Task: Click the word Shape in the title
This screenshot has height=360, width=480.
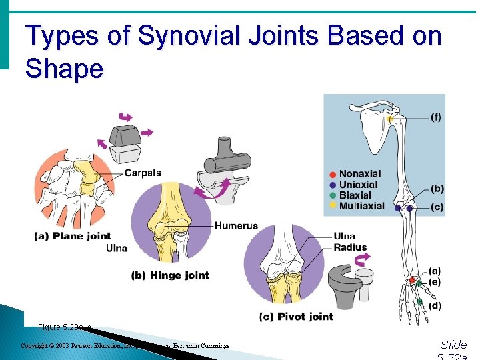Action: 65,68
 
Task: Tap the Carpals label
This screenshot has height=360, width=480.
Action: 143,173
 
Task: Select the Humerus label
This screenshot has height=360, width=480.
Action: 236,226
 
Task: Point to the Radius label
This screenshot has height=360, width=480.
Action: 351,247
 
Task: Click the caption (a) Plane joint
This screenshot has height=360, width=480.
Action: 73,235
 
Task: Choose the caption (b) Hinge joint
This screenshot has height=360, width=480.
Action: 171,275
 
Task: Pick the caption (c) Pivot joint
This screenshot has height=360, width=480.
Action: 295,316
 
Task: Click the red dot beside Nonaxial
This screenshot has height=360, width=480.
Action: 333,175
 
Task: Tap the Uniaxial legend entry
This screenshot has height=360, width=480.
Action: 358,185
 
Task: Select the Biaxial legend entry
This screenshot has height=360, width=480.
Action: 355,195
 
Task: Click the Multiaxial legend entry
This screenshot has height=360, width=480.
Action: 361,206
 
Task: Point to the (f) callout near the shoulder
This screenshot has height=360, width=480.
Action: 435,117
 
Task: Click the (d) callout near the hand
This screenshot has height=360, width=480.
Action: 435,306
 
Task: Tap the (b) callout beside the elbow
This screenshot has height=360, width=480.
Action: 437,189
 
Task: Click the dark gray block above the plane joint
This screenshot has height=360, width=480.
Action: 124,135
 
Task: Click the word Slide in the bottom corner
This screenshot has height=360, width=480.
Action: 454,345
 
